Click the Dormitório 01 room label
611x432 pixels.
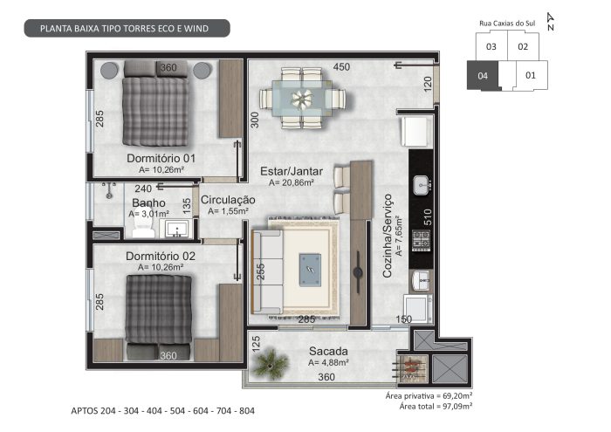[161, 159]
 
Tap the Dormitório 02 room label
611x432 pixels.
[161, 257]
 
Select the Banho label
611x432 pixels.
[148, 203]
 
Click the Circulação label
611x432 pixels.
[228, 200]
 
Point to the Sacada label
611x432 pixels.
[328, 352]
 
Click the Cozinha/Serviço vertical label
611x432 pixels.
[388, 236]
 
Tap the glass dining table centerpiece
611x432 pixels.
[302, 99]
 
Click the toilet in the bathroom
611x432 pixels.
[143, 227]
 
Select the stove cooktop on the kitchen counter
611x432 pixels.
[422, 241]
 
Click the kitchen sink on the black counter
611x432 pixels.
[422, 185]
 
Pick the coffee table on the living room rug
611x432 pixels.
[310, 270]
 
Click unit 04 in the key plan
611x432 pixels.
[483, 76]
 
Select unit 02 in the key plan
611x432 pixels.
[523, 47]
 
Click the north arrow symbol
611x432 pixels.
[551, 22]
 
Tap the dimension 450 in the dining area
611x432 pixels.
[341, 67]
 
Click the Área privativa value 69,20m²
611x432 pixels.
[457, 396]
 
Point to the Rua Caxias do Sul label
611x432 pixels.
[507, 24]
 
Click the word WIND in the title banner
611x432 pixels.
[196, 29]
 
